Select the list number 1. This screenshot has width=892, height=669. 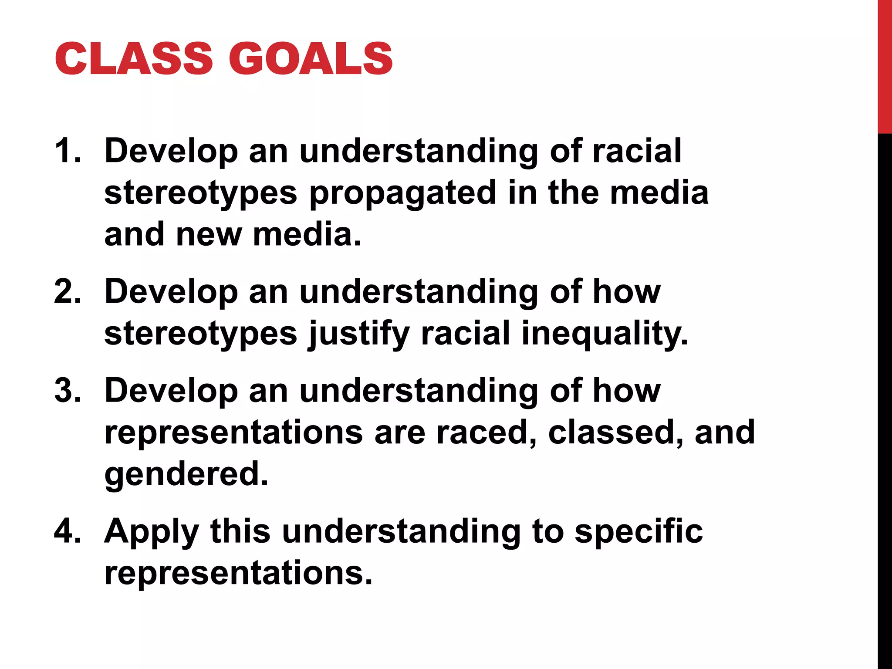tap(68, 151)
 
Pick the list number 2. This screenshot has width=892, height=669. tap(68, 291)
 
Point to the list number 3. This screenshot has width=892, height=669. tap(68, 390)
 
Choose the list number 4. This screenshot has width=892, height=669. tap(68, 531)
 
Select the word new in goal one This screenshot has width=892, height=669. tap(209, 234)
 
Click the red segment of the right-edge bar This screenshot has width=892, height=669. tap(885, 65)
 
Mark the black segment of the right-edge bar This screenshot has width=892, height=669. tap(885, 392)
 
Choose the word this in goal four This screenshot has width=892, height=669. tap(240, 531)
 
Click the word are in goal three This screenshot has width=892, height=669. tap(399, 433)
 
